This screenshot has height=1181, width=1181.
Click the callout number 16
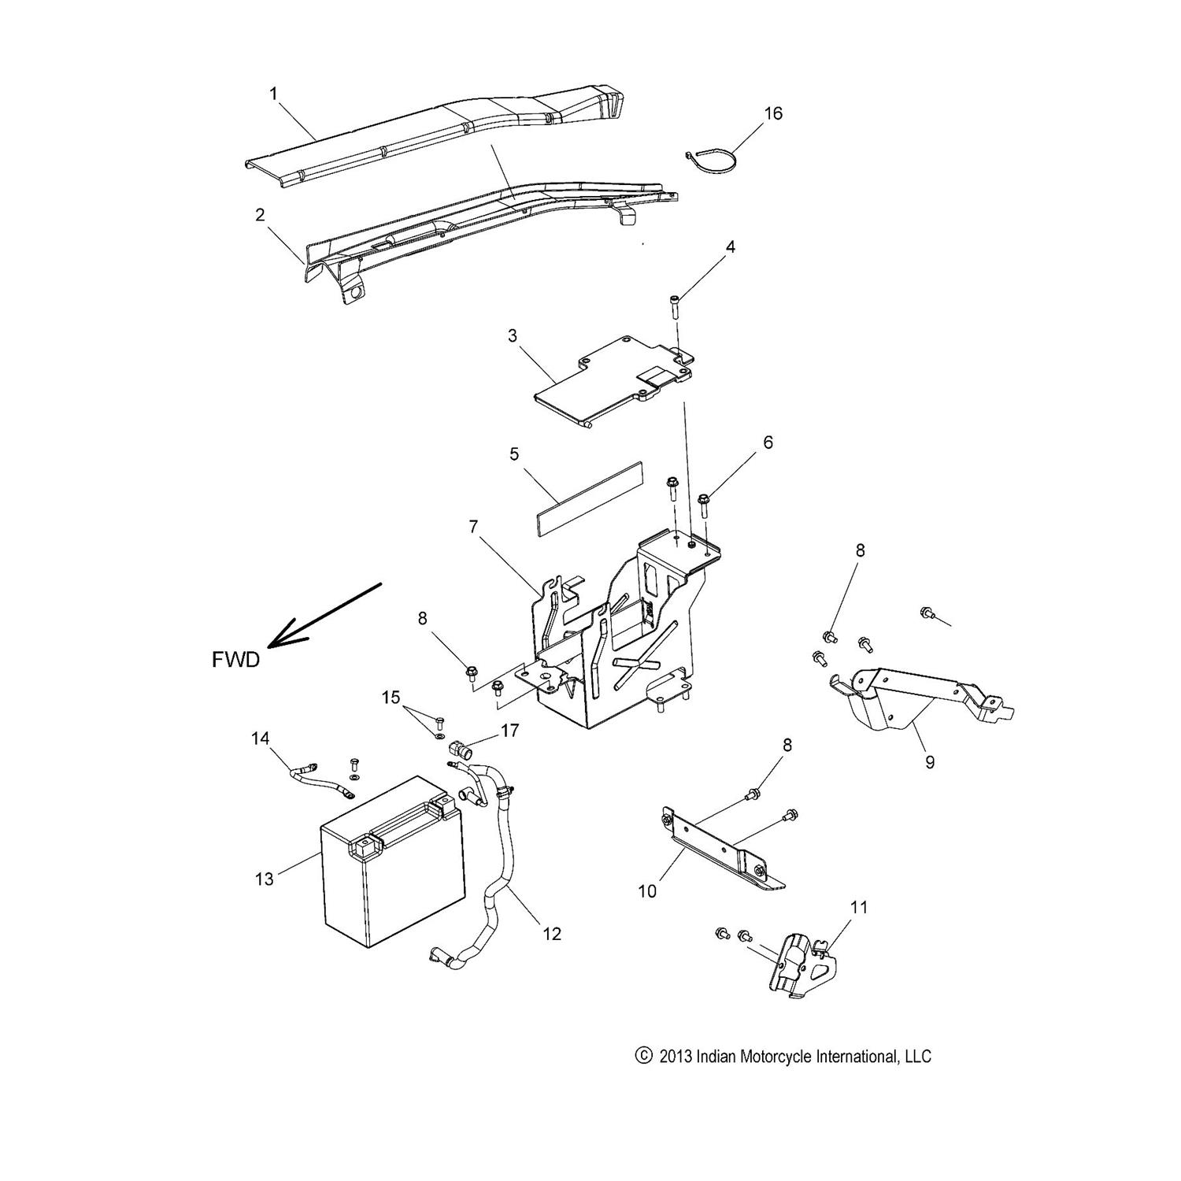click(x=773, y=113)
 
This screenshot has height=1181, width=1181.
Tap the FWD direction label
click(x=235, y=660)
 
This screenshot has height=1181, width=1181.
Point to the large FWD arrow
click(x=323, y=616)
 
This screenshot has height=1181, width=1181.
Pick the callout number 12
click(x=552, y=933)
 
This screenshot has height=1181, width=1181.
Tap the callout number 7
click(x=473, y=527)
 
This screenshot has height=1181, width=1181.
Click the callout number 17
click(x=509, y=731)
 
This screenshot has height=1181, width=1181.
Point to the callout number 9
click(x=930, y=762)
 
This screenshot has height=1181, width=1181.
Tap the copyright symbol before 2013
click(x=644, y=1056)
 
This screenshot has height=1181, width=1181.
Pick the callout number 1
click(x=273, y=94)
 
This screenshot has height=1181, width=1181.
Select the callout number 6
click(x=768, y=442)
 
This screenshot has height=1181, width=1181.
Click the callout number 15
click(x=391, y=698)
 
